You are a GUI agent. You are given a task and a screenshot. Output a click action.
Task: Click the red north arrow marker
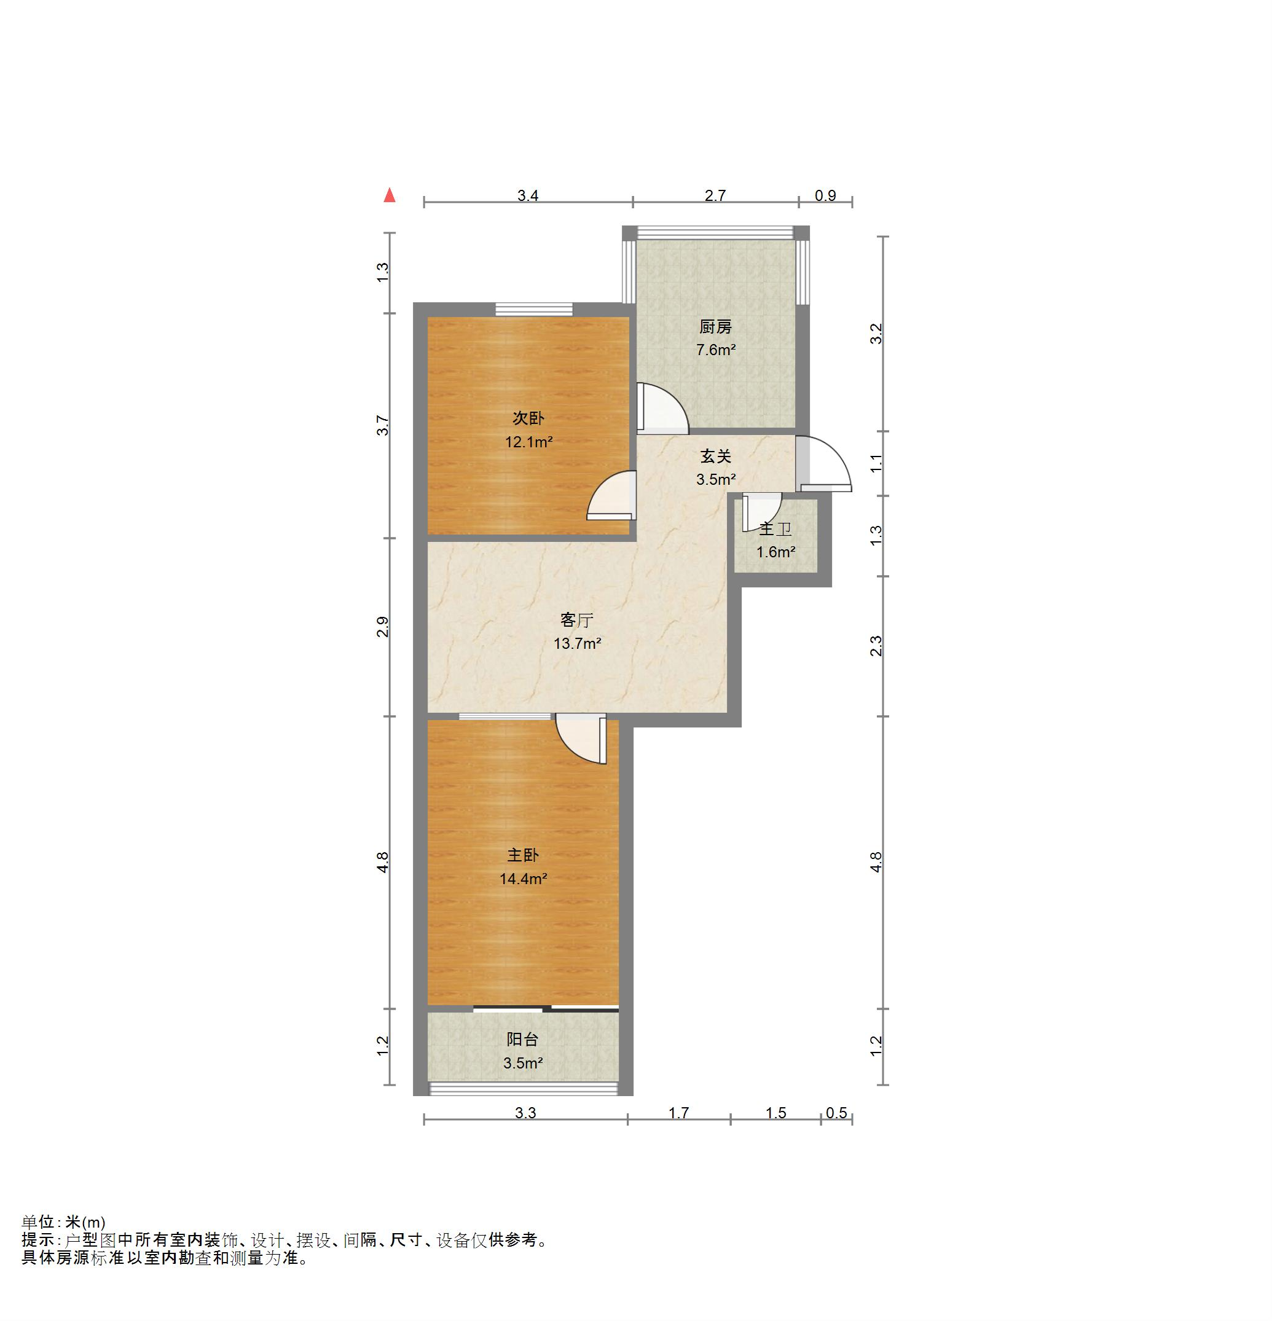point(390,195)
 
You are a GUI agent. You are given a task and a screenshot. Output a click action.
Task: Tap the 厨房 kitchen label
point(715,327)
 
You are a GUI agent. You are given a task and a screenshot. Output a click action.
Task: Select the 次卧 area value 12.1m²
point(529,442)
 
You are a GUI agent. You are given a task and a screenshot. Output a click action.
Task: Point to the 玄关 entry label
point(716,457)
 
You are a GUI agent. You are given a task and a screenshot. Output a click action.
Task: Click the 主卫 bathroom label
point(775,529)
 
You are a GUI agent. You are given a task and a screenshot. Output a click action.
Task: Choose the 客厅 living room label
point(577,619)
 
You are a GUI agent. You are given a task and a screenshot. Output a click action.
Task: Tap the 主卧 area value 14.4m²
point(523,879)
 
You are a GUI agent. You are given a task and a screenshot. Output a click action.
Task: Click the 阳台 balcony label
point(523,1039)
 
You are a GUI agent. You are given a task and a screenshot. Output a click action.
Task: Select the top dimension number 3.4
point(528,195)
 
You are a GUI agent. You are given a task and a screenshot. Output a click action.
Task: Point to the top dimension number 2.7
point(715,195)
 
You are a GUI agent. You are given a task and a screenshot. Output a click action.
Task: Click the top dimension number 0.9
point(825,195)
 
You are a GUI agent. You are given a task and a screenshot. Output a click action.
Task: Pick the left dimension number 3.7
point(383,426)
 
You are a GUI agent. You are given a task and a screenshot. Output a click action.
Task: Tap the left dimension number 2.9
point(383,627)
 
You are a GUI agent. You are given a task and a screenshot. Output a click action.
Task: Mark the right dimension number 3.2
point(876,334)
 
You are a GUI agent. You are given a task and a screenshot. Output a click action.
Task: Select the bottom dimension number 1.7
point(679,1113)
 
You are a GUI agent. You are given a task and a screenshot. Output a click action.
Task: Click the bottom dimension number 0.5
point(836,1113)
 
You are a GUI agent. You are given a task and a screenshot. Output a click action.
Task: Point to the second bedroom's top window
point(534,309)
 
